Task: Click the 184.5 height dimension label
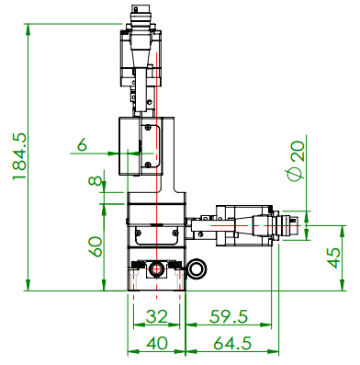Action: pos(18,156)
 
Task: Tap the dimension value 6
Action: pos(82,144)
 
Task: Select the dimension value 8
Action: pos(96,180)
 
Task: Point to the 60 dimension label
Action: pos(96,246)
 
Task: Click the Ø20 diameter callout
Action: pos(297,161)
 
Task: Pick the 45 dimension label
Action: pos(333,258)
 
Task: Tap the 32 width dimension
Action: pos(157,316)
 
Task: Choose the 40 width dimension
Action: pos(157,343)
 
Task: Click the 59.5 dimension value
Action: pos(229,316)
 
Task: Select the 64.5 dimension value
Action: pos(232,343)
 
